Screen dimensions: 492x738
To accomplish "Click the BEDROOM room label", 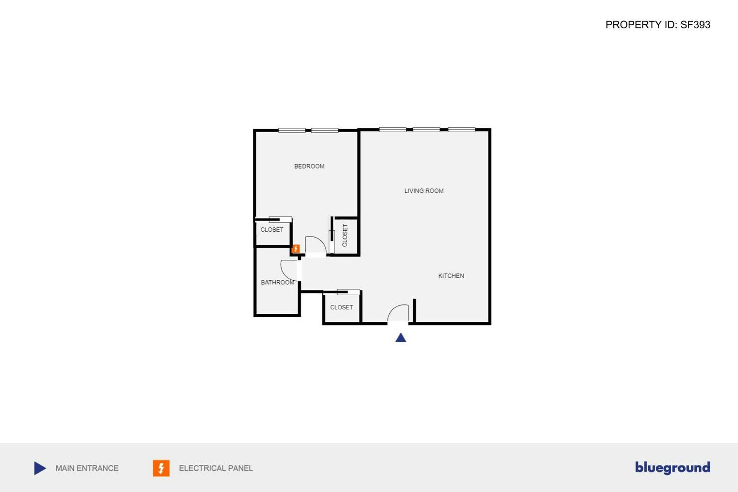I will [x=309, y=166].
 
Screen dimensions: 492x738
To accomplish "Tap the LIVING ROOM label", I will [x=424, y=191].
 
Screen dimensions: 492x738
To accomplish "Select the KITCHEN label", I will [x=451, y=276].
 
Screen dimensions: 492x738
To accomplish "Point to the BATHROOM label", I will [x=277, y=282].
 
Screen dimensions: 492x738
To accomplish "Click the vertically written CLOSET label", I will [x=345, y=235].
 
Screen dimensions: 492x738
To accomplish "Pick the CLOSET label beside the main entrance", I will [x=341, y=307].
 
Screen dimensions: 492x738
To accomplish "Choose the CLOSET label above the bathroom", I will [x=272, y=230].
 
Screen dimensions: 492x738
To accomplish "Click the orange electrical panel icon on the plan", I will [x=296, y=249].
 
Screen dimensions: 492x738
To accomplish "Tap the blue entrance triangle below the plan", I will [x=401, y=338].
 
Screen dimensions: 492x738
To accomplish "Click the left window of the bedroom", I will [x=292, y=130].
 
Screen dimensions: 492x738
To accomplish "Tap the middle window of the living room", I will [x=426, y=130].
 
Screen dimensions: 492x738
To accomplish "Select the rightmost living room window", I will [x=461, y=130].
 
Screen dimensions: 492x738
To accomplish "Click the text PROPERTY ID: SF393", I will [x=657, y=25].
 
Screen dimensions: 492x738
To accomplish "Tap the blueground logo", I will [x=672, y=468].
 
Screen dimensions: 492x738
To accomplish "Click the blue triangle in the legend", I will [x=40, y=468].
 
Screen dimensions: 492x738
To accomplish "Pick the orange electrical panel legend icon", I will [x=161, y=468].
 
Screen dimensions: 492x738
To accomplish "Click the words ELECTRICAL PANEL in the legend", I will [x=216, y=468].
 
